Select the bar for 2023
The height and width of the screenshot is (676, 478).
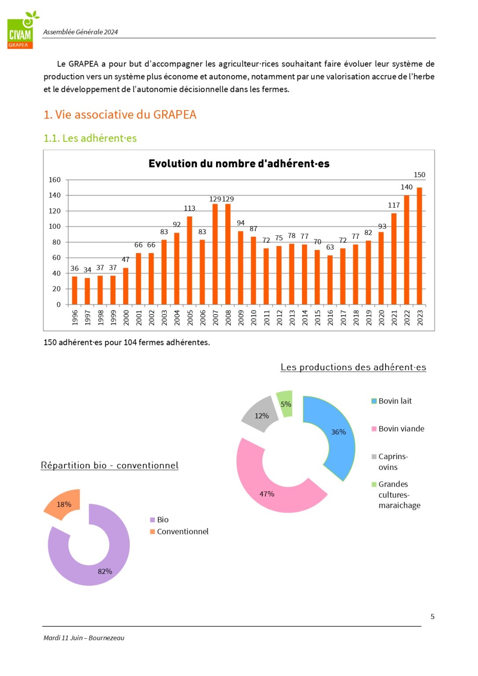click(x=419, y=246)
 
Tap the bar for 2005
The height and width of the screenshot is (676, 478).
click(x=190, y=261)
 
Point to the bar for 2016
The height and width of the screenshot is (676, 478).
click(x=330, y=280)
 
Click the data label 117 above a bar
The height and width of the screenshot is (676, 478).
click(x=394, y=206)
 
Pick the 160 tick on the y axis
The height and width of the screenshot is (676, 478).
click(x=55, y=180)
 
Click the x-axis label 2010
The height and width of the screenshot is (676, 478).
click(x=254, y=317)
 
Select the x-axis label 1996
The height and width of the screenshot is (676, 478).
click(x=75, y=317)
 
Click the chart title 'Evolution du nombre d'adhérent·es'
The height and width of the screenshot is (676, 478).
click(x=239, y=164)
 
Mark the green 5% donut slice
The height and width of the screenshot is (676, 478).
click(x=285, y=403)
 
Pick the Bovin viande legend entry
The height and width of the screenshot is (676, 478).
click(x=401, y=429)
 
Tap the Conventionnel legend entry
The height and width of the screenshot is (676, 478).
click(x=182, y=532)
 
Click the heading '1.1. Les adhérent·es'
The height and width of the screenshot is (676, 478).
click(x=90, y=138)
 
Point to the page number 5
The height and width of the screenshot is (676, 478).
click(x=432, y=617)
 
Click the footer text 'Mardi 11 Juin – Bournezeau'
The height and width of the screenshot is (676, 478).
click(x=84, y=638)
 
